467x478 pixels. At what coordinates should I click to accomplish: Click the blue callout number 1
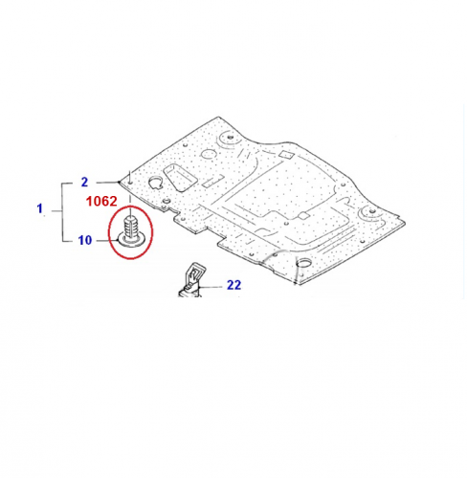pyautogui.click(x=39, y=208)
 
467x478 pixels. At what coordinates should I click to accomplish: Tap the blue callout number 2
pyautogui.click(x=84, y=183)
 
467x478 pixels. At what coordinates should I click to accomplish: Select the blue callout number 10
pyautogui.click(x=85, y=240)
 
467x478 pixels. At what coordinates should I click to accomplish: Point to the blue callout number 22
pyautogui.click(x=233, y=285)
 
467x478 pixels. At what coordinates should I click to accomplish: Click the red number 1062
pyautogui.click(x=101, y=201)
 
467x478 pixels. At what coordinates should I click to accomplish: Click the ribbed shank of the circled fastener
pyautogui.click(x=131, y=227)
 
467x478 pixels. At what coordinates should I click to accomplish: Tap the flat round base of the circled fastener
pyautogui.click(x=132, y=240)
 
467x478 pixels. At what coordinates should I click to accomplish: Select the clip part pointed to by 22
pyautogui.click(x=190, y=280)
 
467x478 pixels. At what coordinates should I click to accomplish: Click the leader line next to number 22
pyautogui.click(x=211, y=287)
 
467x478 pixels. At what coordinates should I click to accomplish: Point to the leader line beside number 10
pyautogui.click(x=107, y=241)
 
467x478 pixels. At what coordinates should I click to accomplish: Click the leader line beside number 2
pyautogui.click(x=107, y=183)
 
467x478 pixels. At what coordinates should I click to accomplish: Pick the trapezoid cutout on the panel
pyautogui.click(x=179, y=178)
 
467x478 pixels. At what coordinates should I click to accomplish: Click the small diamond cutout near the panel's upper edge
pyautogui.click(x=286, y=155)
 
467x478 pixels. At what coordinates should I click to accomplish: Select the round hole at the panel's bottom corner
pyautogui.click(x=303, y=263)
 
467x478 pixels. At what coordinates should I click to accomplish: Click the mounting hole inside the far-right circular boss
pyautogui.click(x=370, y=211)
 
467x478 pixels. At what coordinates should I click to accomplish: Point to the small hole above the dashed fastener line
pyautogui.click(x=131, y=184)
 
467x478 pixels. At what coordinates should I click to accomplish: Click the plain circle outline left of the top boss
pyautogui.click(x=209, y=155)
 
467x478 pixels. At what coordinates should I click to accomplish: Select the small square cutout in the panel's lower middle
pyautogui.click(x=302, y=216)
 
